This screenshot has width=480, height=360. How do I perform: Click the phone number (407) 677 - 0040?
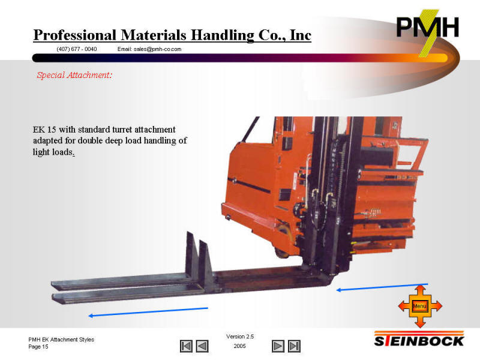(x=77, y=49)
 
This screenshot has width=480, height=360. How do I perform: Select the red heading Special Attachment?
(x=74, y=76)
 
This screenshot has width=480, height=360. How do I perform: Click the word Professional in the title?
(x=74, y=35)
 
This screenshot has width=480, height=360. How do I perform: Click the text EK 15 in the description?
(x=44, y=129)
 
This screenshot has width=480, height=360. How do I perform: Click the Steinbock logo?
(x=419, y=339)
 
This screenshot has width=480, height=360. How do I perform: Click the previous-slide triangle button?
(x=202, y=346)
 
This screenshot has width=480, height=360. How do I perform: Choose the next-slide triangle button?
(x=278, y=346)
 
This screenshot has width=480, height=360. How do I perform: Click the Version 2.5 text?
(x=240, y=337)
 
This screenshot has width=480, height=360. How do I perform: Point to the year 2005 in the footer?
(x=239, y=346)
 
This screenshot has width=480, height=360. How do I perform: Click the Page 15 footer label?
(x=38, y=347)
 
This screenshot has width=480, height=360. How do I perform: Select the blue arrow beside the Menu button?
(x=382, y=287)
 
